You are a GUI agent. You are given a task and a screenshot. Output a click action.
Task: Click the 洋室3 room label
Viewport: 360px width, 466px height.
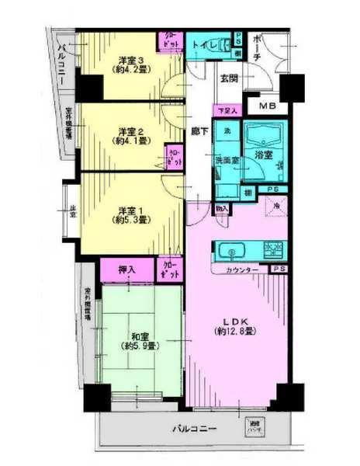(x=130, y=59)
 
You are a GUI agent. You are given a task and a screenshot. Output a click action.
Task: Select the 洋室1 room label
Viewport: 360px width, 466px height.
(x=130, y=210)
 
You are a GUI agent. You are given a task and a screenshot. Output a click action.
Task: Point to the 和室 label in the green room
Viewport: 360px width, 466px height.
(x=140, y=336)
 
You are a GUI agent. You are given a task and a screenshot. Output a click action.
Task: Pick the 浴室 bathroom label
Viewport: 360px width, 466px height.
(x=264, y=155)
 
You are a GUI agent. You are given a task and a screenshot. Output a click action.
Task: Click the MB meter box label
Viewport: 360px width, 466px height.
(x=267, y=106)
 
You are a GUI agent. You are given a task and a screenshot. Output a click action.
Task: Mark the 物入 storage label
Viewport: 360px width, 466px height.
(x=222, y=208)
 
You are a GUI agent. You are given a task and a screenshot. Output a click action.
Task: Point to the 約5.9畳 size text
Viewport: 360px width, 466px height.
(x=140, y=346)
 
